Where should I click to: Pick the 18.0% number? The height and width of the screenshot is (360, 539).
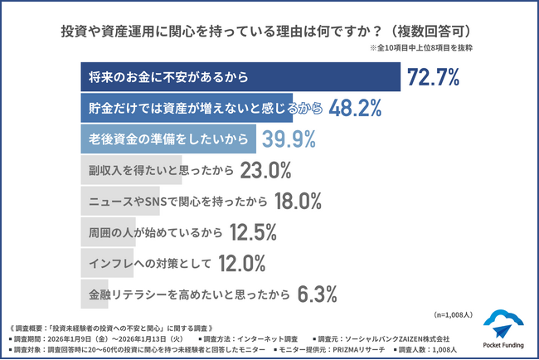296,201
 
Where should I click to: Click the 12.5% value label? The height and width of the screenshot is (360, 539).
248,231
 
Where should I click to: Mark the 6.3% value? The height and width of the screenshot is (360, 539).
317,294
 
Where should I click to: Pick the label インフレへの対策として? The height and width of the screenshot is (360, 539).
145,263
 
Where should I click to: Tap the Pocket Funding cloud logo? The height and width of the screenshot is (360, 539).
503,324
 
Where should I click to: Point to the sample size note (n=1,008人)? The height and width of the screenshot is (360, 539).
453,314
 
